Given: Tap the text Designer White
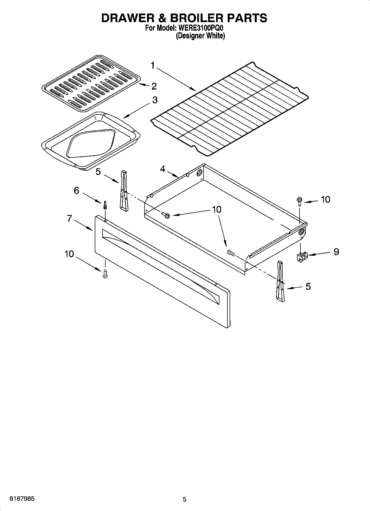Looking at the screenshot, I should point(200,36).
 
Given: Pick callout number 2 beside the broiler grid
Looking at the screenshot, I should point(154,86).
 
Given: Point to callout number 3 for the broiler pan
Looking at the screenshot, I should point(155,100).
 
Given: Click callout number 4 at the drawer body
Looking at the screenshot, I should point(163,169).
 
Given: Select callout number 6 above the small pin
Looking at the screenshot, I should point(77,190).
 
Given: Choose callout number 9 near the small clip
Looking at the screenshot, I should point(336,251).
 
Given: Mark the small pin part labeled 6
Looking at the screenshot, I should point(105,206).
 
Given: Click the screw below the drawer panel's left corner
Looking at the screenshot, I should point(105,274).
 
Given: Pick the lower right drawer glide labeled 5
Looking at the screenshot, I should point(280,281).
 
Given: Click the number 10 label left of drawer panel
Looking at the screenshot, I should point(69,254).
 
